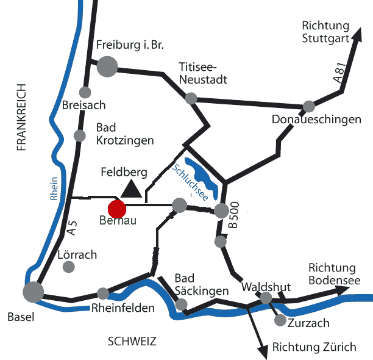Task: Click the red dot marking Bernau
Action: (x=118, y=208)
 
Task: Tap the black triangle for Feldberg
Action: (x=132, y=190)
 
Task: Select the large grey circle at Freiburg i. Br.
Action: (x=107, y=66)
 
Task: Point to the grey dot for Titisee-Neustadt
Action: (x=191, y=98)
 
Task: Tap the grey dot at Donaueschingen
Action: (x=309, y=106)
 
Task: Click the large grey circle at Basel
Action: (x=34, y=292)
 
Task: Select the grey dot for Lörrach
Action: (x=69, y=267)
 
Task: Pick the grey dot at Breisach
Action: (x=85, y=93)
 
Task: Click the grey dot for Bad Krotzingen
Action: (x=79, y=136)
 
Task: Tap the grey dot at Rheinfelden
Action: (x=103, y=293)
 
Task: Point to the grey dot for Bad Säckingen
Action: (x=181, y=304)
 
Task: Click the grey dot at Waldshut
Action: (x=266, y=298)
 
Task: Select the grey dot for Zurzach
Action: (x=280, y=320)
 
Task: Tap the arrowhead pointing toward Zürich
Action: (x=263, y=352)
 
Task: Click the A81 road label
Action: (x=339, y=72)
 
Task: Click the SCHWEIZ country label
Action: (x=132, y=341)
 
